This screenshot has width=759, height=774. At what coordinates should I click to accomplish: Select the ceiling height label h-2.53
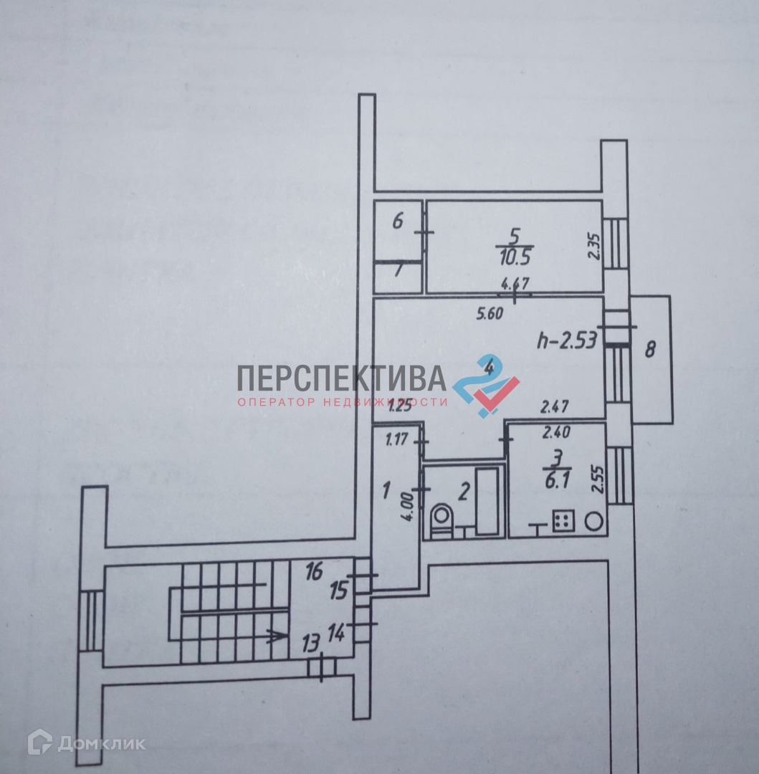point(567,341)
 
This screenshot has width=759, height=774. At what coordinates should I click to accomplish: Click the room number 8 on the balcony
point(650,350)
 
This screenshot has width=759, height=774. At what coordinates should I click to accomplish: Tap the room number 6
point(398,221)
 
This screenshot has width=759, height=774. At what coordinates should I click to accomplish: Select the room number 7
point(398,271)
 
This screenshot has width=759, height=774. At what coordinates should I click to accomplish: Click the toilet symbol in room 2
point(440,520)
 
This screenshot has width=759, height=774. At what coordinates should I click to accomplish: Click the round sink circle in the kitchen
point(594,522)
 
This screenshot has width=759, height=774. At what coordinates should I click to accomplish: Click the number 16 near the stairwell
point(315,571)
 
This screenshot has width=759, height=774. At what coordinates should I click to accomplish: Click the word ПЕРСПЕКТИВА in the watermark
point(342,378)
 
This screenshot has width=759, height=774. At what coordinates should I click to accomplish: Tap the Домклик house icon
point(39,742)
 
